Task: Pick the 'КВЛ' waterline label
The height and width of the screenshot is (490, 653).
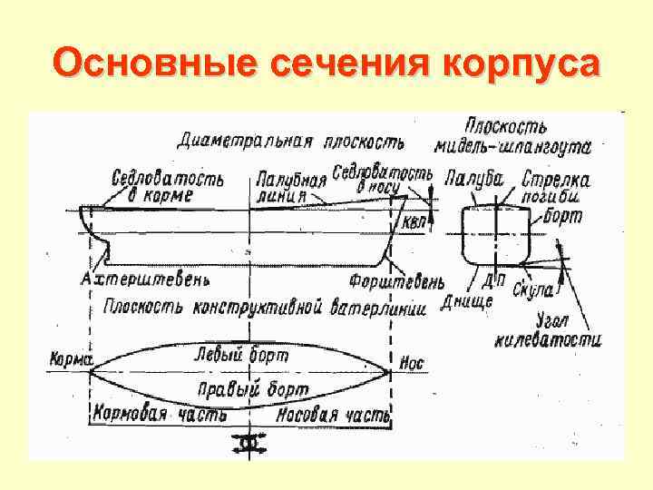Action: (413, 222)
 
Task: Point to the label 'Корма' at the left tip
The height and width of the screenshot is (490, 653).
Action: (70, 359)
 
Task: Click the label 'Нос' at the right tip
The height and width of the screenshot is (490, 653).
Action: (411, 364)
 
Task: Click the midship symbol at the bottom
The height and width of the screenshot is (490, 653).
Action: (248, 443)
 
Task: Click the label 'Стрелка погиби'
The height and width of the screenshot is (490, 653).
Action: (556, 188)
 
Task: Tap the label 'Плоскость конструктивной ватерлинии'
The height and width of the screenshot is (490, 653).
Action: (264, 307)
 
